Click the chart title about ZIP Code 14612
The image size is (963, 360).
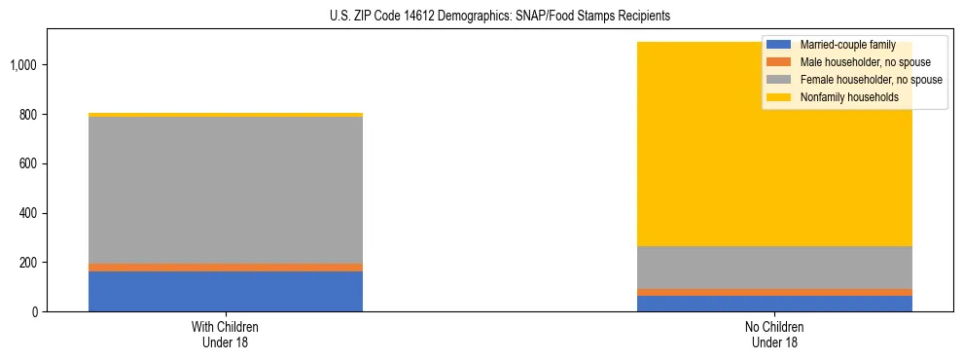coord(481,16)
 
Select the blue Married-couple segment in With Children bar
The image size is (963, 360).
coord(226,291)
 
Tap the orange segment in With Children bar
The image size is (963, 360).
coord(226,267)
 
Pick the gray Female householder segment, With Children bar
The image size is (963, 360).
coord(226,190)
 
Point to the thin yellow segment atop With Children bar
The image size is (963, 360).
coord(226,115)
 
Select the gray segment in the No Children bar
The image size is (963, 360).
coord(775,268)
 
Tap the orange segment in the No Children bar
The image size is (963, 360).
coord(775,292)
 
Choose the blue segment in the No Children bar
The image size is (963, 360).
coord(775,304)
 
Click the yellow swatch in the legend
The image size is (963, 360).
coord(779,97)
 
